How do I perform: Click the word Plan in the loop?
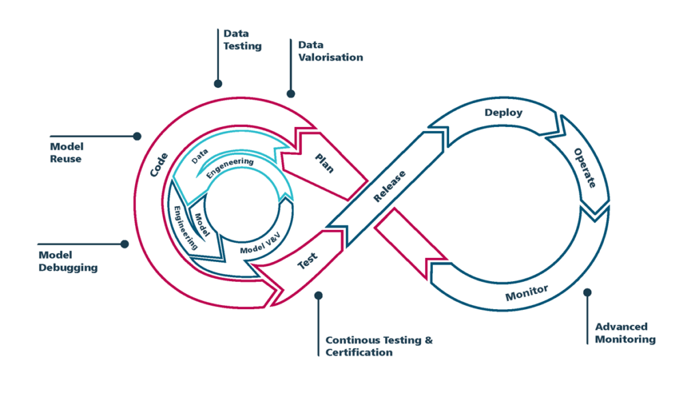click(x=324, y=164)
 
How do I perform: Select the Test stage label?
click(x=307, y=261)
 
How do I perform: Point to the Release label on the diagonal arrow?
click(x=390, y=186)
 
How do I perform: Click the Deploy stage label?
click(x=503, y=113)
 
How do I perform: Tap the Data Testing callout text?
click(x=242, y=40)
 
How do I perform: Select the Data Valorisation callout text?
click(x=330, y=51)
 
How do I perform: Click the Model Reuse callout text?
click(x=66, y=153)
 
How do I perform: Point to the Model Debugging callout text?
click(x=68, y=261)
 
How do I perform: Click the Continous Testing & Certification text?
click(x=379, y=346)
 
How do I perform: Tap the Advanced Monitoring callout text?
click(x=625, y=333)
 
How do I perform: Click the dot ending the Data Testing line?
click(x=218, y=84)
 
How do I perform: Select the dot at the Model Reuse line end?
click(x=137, y=136)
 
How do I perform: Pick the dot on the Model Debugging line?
click(x=124, y=244)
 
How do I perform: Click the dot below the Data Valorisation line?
click(x=291, y=93)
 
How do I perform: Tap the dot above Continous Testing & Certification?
click(x=318, y=295)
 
